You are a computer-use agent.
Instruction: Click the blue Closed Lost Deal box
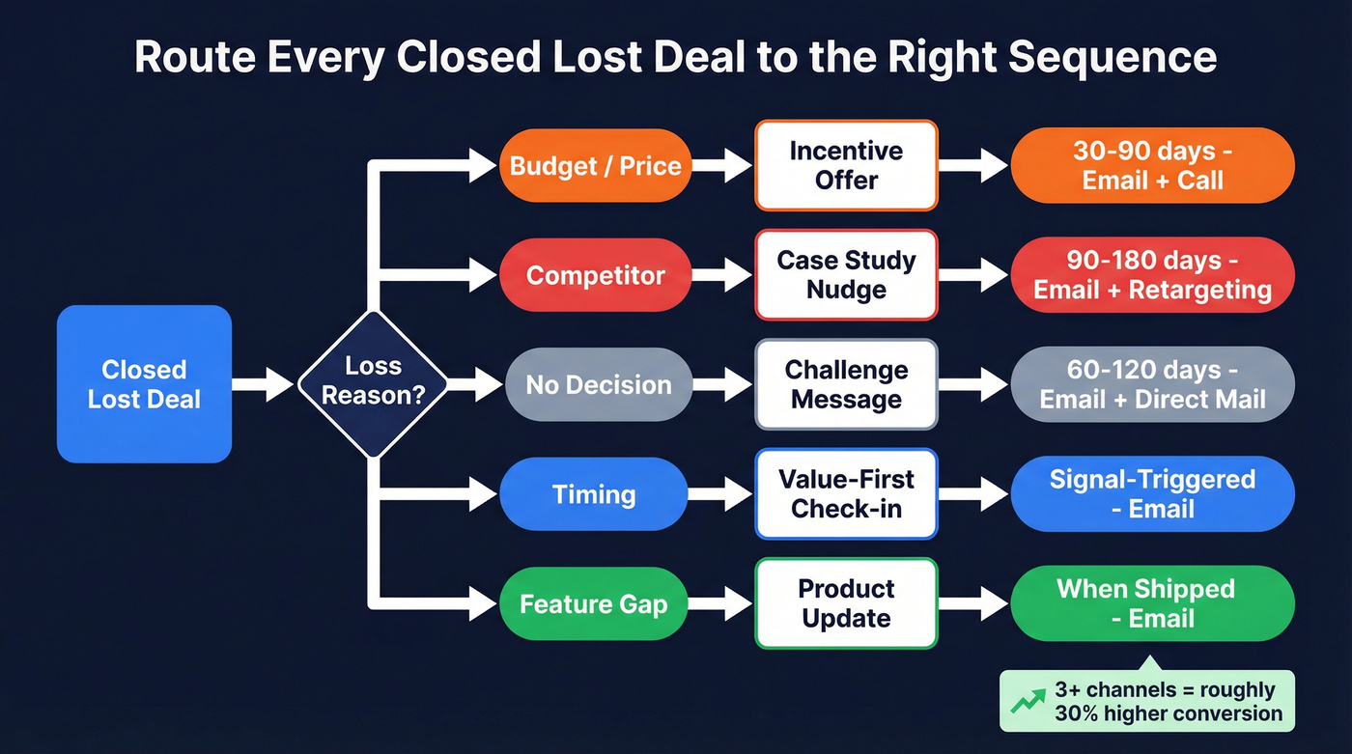(x=144, y=384)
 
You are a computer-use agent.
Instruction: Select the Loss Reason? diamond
(x=373, y=383)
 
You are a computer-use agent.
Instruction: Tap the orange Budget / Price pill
(x=595, y=165)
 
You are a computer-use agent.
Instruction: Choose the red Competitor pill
(x=595, y=275)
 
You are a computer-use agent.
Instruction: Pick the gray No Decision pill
(x=598, y=384)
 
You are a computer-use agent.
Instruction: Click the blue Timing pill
(x=595, y=494)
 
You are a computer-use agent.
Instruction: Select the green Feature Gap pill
(x=595, y=604)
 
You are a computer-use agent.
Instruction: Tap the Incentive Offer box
(x=846, y=165)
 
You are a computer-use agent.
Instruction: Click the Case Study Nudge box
(x=846, y=275)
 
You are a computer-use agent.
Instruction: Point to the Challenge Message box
(x=846, y=384)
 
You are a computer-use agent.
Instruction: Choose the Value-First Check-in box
(x=846, y=494)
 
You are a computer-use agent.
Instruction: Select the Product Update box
(x=846, y=603)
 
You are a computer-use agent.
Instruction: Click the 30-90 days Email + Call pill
(x=1152, y=165)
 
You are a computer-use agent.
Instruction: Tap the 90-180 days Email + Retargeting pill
(x=1152, y=275)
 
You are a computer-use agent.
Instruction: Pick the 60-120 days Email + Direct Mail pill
(x=1152, y=384)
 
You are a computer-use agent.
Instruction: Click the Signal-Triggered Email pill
(x=1152, y=494)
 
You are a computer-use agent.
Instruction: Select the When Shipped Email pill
(x=1152, y=603)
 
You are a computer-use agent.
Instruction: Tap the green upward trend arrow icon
(x=1027, y=702)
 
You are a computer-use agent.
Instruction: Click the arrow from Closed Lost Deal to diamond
(x=263, y=384)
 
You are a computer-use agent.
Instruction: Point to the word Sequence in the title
(x=1113, y=58)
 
